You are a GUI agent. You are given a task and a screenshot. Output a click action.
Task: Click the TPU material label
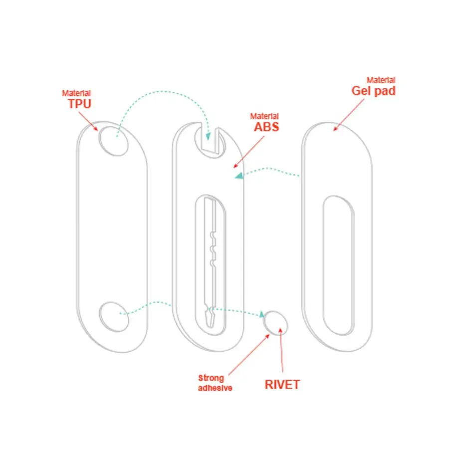80,103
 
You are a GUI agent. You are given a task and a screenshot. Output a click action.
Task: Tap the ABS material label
266,127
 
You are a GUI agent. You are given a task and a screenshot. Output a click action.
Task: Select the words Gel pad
373,91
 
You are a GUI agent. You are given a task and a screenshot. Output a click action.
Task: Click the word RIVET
282,385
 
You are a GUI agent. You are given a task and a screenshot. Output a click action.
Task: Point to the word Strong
211,378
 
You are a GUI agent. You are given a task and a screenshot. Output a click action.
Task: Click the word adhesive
215,388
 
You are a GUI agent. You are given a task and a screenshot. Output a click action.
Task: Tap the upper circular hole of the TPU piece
113,141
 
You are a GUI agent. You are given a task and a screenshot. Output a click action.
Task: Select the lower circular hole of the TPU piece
114,317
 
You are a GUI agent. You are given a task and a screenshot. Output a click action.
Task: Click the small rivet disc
275,323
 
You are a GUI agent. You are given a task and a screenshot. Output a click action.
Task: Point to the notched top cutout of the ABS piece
210,140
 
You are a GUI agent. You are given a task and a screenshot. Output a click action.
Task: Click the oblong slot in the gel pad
338,265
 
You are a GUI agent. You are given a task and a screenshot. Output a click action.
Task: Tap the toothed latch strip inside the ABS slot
211,263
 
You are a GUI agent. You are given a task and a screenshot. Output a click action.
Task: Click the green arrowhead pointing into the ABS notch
208,136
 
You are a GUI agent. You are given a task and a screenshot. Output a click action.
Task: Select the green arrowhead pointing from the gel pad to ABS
239,176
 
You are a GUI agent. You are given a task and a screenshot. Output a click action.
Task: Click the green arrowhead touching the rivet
261,314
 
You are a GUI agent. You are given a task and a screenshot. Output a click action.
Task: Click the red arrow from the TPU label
88,121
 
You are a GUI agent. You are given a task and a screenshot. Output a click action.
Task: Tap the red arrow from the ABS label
248,152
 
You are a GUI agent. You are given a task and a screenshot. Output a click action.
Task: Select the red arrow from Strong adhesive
249,355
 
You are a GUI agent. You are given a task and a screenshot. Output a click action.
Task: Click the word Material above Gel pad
381,80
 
